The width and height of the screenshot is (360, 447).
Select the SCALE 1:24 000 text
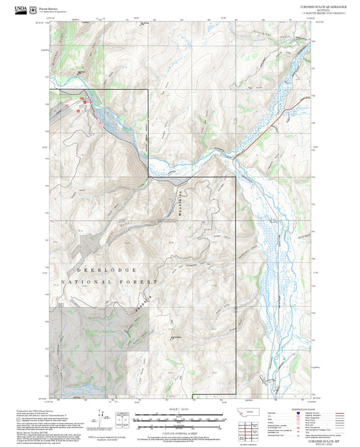(x=179, y=408)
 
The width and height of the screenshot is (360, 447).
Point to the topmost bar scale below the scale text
(x=179, y=414)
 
